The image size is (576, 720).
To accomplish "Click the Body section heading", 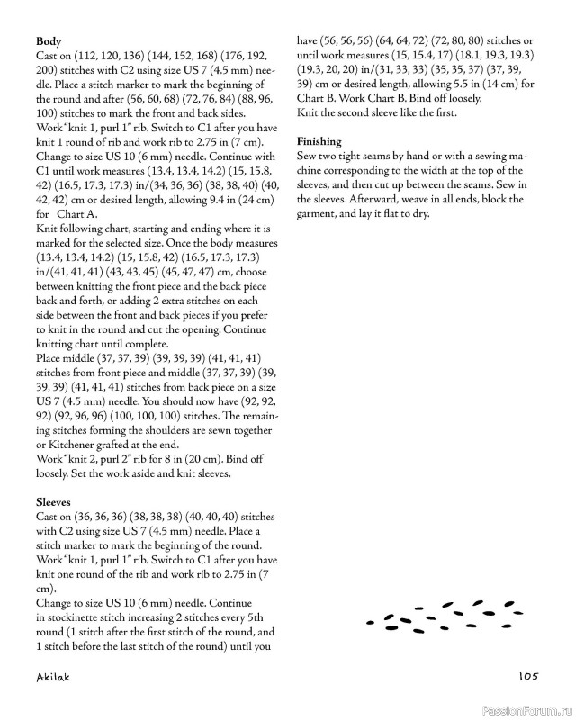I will (49, 41).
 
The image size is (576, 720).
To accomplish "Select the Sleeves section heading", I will (54, 501).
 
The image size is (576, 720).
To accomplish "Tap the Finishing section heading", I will (319, 141).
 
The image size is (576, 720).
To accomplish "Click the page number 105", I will (527, 677).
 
